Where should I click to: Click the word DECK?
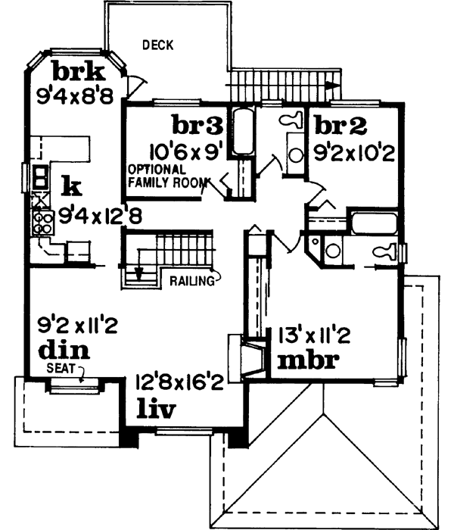(158, 45)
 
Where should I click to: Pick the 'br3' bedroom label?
(197, 123)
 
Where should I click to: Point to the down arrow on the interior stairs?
(139, 272)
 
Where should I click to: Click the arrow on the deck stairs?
(330, 86)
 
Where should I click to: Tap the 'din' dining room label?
(64, 350)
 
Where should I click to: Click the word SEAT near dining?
(60, 367)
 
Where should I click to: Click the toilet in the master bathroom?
(383, 253)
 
